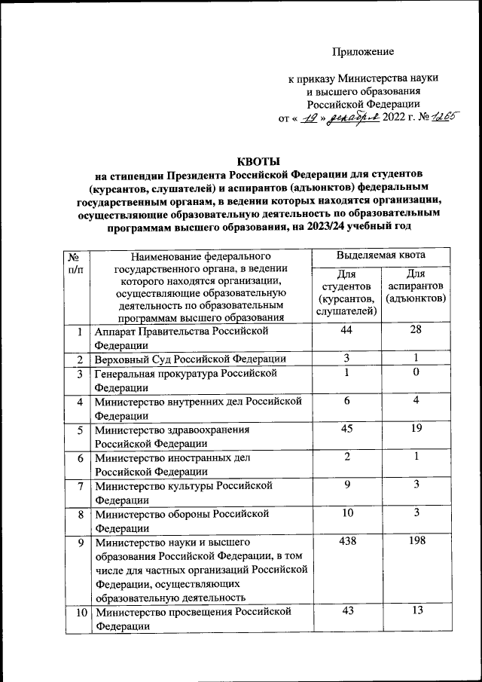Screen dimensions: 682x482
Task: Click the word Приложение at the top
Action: pyautogui.click(x=364, y=52)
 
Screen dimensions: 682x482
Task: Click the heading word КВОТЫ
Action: pyautogui.click(x=258, y=161)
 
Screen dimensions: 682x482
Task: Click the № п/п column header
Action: pyautogui.click(x=75, y=263)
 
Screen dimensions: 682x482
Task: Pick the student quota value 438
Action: pyautogui.click(x=347, y=541)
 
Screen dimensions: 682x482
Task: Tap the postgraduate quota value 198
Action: pyautogui.click(x=415, y=541)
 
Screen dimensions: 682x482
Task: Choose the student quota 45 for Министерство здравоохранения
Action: pyautogui.click(x=347, y=430)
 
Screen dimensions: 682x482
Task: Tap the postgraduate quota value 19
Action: pyautogui.click(x=415, y=430)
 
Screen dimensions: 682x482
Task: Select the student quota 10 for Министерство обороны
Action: pyautogui.click(x=347, y=513)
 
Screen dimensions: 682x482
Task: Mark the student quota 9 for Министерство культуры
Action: pyautogui.click(x=347, y=485)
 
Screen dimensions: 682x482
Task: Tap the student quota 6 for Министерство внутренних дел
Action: pyautogui.click(x=347, y=402)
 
